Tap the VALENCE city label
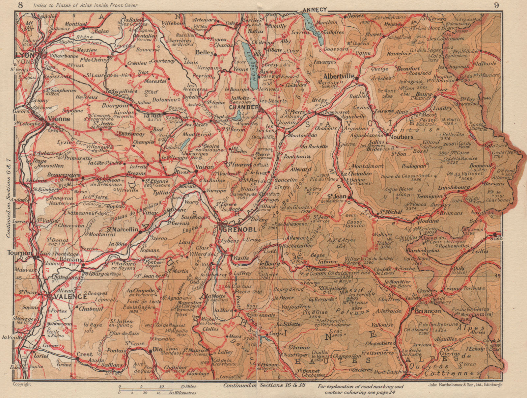[x=68, y=296]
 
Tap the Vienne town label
[x=60, y=119]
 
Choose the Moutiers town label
[x=401, y=136]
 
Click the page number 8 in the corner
[x=21, y=5]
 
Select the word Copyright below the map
[x=22, y=384]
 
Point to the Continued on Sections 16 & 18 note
[x=257, y=385]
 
